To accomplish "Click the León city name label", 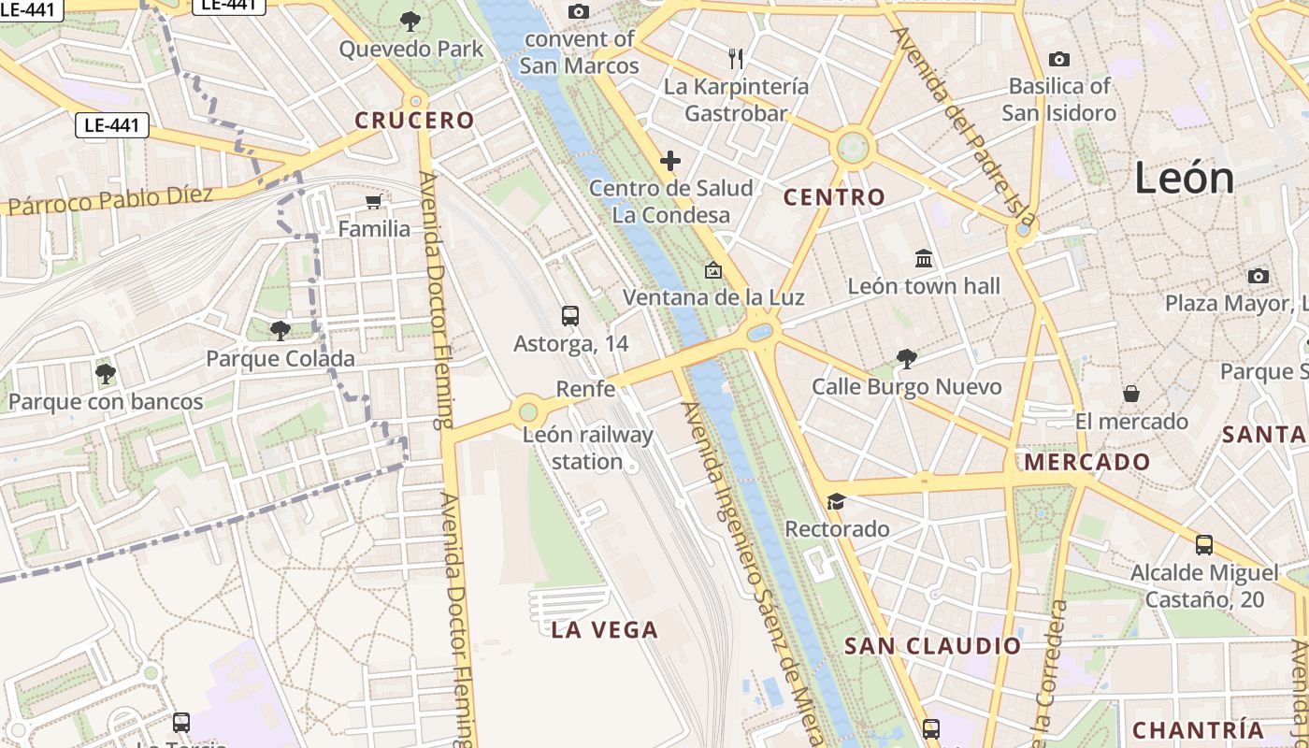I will coord(1185,178).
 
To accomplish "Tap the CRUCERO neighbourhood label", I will coord(414,121).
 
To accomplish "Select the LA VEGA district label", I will coord(605,630).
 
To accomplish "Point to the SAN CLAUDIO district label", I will coord(932,646).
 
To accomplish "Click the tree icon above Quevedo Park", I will coord(410,21).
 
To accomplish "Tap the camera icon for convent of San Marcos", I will coord(579,11).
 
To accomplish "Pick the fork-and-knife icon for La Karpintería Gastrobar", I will coord(736,59).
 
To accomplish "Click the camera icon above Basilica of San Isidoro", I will coord(1058,60).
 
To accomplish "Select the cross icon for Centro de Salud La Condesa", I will coord(670,161).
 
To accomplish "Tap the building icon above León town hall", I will coord(924,258).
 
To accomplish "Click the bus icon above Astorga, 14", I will coord(570,316).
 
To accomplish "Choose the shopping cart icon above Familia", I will coord(374,202).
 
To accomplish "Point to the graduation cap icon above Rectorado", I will coord(836,502).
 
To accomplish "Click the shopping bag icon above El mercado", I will coord(1131,394).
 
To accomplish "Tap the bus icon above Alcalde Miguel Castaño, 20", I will coord(1204,545).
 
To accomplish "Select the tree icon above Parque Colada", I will coord(280,330).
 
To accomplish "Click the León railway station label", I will coord(587,448).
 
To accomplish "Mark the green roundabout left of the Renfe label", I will coord(528,410).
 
